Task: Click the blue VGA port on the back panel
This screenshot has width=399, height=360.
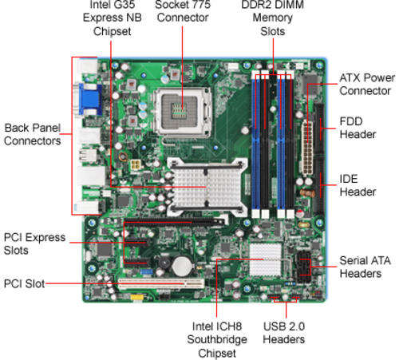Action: pos(90,99)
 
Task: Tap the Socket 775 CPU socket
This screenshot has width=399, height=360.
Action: pos(183,112)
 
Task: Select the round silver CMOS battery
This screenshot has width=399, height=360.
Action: pos(182,266)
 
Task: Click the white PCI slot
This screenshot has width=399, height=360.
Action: pos(161,284)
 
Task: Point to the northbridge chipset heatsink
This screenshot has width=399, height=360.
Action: pos(207,187)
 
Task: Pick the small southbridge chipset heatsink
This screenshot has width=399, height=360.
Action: pos(265,259)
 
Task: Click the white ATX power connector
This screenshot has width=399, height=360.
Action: pos(307,148)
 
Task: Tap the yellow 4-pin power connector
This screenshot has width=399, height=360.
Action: pos(136,165)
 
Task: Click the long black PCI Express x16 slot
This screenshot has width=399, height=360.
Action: pos(174,222)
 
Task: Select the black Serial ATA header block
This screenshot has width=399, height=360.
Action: pos(302,266)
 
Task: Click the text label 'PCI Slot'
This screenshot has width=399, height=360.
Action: pos(24,283)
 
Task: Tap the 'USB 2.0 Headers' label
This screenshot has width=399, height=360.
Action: pos(284,333)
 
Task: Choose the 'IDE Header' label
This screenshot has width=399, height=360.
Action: pos(358,185)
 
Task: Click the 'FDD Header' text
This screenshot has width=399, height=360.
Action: pos(358,128)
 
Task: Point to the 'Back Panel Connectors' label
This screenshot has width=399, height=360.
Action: pos(33,134)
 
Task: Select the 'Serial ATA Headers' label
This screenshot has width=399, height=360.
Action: pos(365,267)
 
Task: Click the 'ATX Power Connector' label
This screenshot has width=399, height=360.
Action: pos(367,85)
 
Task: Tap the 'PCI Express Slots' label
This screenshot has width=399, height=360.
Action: pos(34,243)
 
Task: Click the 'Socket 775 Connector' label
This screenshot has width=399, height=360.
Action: pos(183,11)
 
